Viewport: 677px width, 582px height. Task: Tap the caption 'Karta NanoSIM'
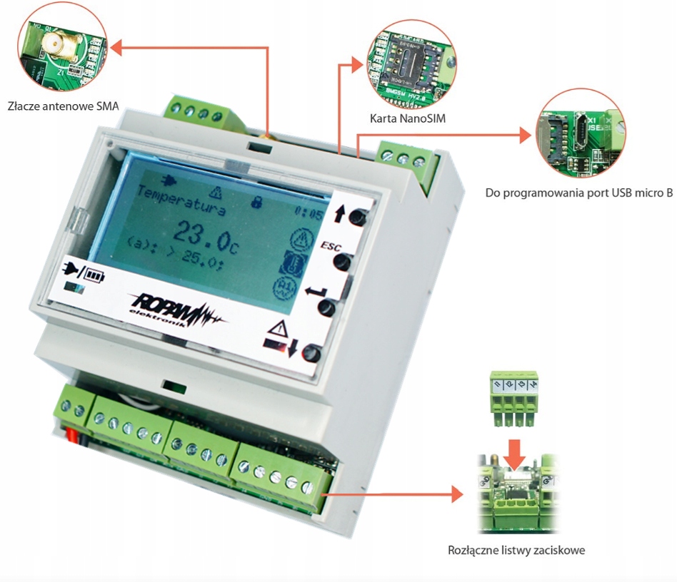[408, 118]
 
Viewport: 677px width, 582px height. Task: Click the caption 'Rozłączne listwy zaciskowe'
[517, 551]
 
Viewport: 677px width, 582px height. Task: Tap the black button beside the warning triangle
[311, 354]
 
